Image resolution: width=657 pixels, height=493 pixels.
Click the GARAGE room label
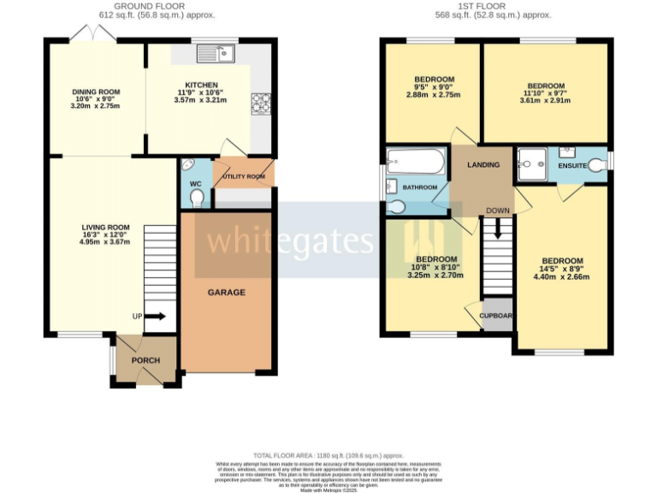(227, 292)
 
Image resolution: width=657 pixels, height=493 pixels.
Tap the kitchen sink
(216, 54)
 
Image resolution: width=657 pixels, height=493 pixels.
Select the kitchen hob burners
(260, 103)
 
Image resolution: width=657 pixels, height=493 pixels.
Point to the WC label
(195, 182)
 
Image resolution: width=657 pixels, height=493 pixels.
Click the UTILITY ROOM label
(244, 177)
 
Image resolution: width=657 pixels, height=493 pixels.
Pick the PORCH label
(145, 360)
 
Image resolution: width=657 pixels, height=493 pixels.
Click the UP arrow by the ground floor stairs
(154, 317)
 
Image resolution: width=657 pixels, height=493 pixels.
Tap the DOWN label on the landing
(497, 210)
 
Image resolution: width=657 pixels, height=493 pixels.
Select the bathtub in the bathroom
(415, 162)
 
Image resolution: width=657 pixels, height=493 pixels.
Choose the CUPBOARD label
(497, 315)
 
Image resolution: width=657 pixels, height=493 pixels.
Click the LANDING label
(484, 164)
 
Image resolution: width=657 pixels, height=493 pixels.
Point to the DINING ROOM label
(97, 92)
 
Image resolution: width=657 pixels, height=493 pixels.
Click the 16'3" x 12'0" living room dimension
(97, 234)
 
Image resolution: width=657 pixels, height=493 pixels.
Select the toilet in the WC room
(198, 199)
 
